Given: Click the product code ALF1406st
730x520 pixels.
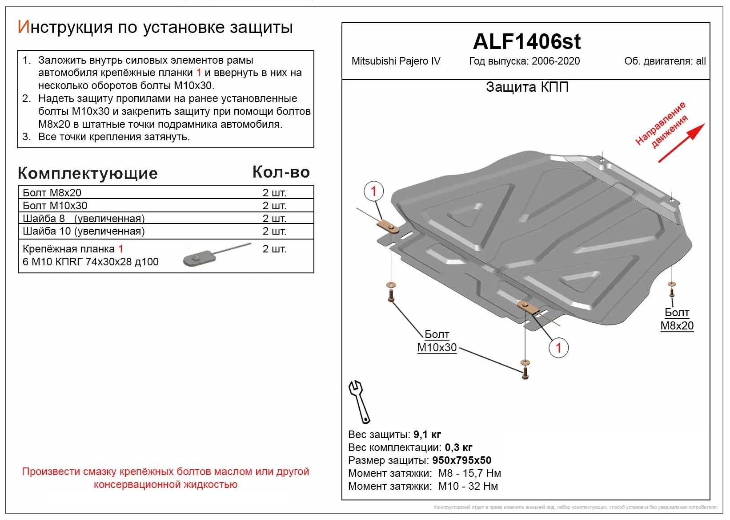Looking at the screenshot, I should point(526,42).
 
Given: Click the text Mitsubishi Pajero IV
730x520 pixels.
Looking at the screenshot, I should point(396,61).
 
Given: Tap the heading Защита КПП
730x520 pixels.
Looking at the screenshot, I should point(527,87).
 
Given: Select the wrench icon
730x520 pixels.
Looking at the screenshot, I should point(359,401).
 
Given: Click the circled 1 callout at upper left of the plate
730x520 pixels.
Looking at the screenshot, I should point(373,191).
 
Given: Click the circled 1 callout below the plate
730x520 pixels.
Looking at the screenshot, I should point(558,348).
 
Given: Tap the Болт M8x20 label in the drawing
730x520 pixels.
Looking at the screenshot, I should point(677,319).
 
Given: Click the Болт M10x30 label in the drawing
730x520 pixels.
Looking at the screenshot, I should point(437,341).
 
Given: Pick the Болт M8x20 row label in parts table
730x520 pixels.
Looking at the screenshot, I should point(52,193).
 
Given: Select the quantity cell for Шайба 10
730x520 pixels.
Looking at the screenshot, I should point(274,231).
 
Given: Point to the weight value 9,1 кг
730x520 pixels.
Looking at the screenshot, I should point(427,435).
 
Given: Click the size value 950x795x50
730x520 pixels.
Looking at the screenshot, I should point(461,460).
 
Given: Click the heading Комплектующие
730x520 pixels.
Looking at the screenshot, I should point(88,173).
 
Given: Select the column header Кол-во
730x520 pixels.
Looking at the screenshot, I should point(281,172).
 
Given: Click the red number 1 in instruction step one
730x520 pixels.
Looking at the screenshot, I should point(199,73).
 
